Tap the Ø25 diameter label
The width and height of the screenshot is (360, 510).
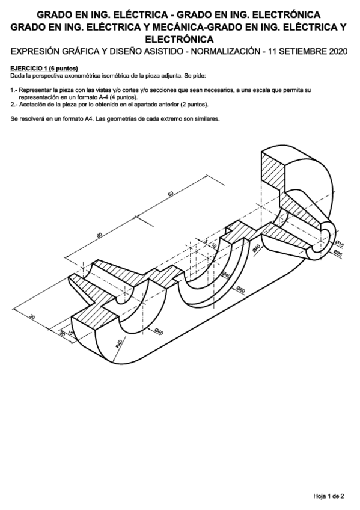point(338,254)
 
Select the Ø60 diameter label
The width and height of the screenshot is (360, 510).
point(240,291)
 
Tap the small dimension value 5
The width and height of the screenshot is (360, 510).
point(206,241)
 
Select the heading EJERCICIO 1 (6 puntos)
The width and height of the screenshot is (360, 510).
point(44,69)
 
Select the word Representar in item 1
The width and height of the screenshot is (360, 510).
point(35,90)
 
